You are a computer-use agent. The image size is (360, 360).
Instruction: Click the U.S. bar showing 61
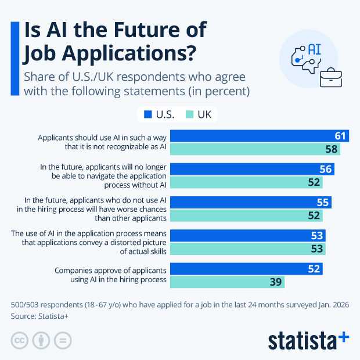point(260,136)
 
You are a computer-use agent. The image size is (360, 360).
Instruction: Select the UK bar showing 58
point(255,150)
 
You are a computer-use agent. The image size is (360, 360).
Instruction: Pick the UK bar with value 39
point(227,282)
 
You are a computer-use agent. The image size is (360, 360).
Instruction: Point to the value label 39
point(275,282)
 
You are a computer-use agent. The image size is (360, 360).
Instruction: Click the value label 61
point(340,136)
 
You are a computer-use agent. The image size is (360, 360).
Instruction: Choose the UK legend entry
point(199,114)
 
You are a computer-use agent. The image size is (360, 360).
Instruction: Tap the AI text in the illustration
point(314,48)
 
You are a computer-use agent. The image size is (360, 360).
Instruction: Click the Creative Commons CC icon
point(20,340)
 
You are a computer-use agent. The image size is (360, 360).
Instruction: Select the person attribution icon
point(41,340)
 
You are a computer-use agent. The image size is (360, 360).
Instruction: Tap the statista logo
point(308,340)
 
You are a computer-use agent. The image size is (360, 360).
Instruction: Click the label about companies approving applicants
point(110,275)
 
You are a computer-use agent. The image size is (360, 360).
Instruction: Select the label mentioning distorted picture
point(89,242)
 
